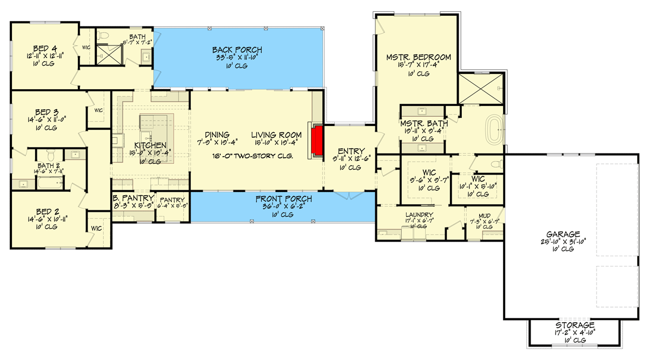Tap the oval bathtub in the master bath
(x=494, y=131)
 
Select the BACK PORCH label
(x=237, y=51)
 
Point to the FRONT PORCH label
(x=280, y=199)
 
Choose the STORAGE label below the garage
(x=575, y=325)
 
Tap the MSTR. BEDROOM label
(x=418, y=57)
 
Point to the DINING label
(x=217, y=135)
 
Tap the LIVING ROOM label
(x=275, y=135)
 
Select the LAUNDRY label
(x=420, y=215)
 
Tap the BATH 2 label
(x=49, y=166)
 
